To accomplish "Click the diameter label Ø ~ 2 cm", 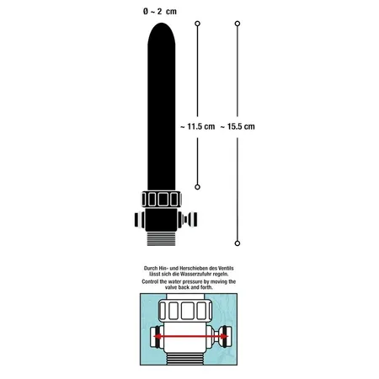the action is click(x=160, y=12).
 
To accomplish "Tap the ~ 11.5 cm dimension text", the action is click(x=197, y=126).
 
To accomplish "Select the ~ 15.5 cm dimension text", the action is click(x=238, y=126).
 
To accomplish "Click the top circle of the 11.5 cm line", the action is click(x=197, y=24).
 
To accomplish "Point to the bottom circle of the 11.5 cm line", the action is click(x=197, y=187).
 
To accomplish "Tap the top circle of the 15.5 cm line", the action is click(x=238, y=24).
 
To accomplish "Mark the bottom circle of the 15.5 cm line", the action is click(x=238, y=243).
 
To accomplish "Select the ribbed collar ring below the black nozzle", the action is click(x=162, y=199).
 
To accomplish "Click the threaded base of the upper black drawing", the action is click(x=162, y=239).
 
